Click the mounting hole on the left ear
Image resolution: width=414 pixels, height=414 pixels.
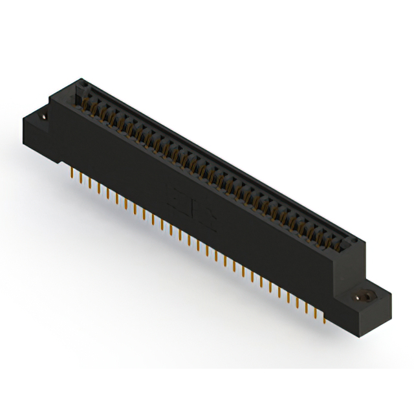coord(43,118)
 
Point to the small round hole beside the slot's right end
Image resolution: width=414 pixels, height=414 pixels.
coord(353,241)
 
